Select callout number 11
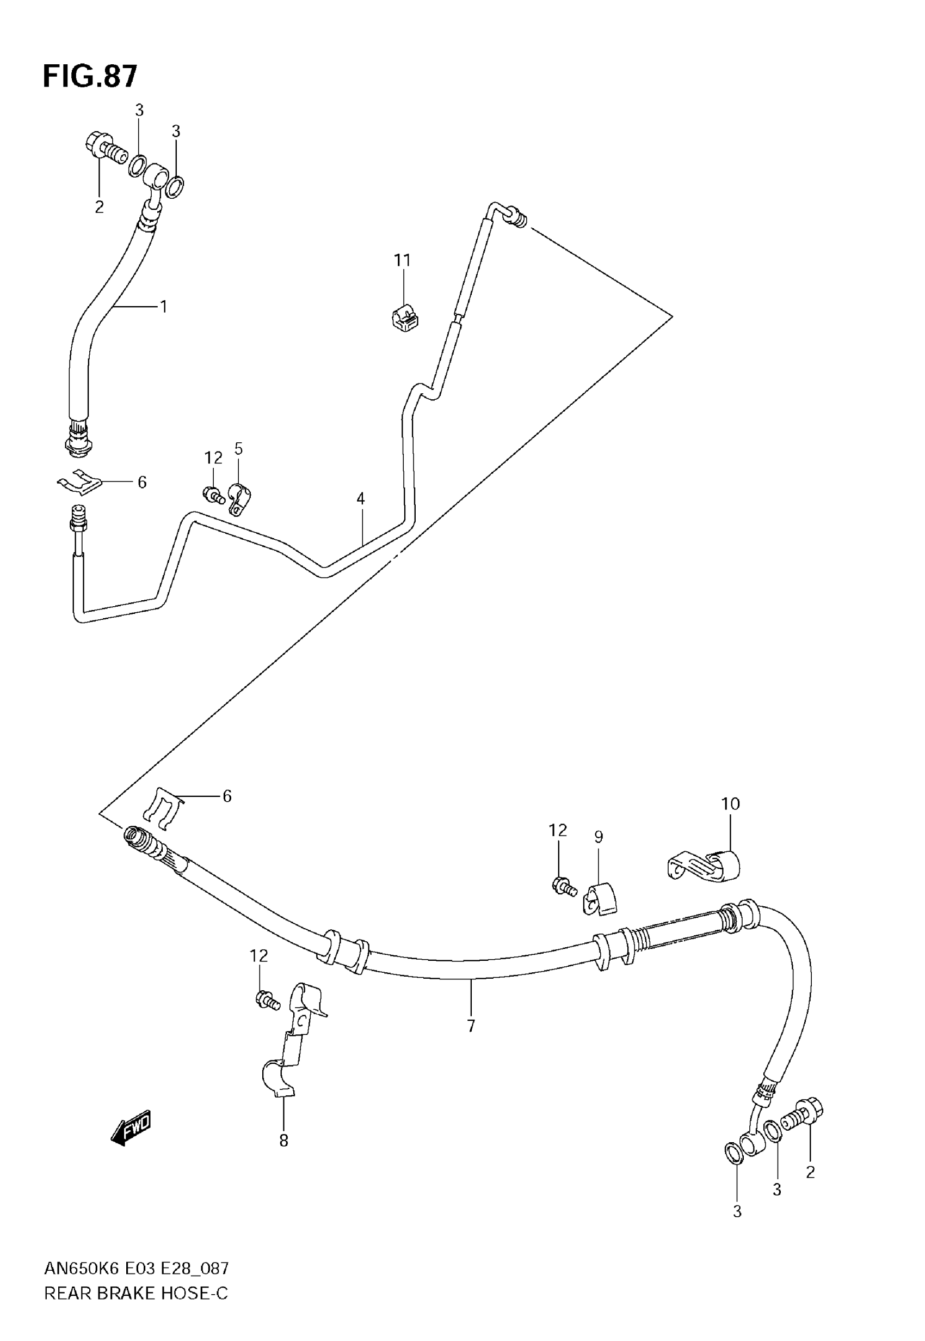coord(402,260)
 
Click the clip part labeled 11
coord(406,319)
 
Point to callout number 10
coord(730,804)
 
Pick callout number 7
coord(471,1026)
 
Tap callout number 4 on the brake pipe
coord(361,498)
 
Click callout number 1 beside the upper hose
coord(164,306)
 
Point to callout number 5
coord(238,448)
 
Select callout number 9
coord(599,837)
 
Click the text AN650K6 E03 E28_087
coord(137,1269)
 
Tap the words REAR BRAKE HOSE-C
coord(136,1293)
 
